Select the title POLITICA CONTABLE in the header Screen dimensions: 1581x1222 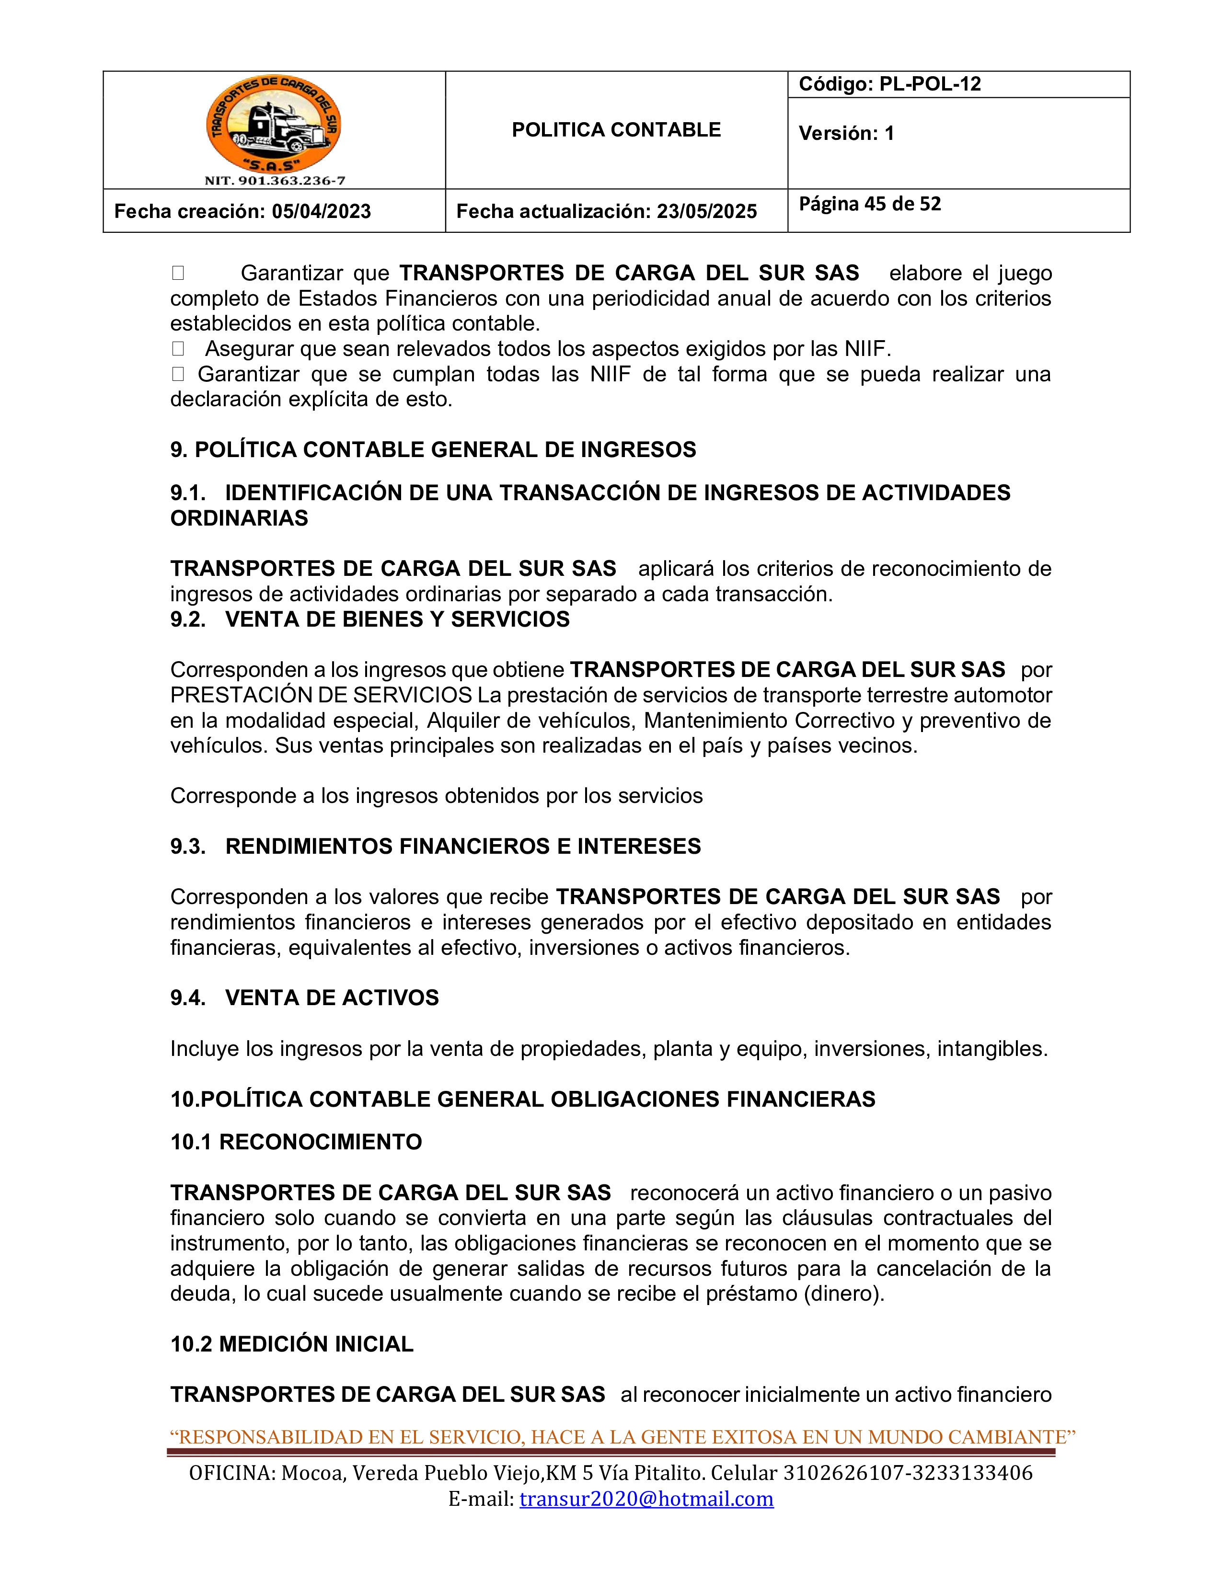(x=616, y=130)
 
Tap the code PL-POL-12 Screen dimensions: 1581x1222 (x=930, y=84)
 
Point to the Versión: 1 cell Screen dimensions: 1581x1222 (x=846, y=133)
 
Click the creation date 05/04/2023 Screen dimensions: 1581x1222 (x=322, y=211)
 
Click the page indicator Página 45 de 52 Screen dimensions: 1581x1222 (x=869, y=204)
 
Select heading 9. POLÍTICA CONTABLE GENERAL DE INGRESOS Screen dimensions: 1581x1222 (x=433, y=449)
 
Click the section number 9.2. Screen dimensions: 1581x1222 (x=187, y=619)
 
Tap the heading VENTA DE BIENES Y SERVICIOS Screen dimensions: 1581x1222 (x=397, y=619)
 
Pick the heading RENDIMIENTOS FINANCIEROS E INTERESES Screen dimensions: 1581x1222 (x=463, y=846)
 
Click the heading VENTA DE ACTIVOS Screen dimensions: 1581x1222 (x=332, y=997)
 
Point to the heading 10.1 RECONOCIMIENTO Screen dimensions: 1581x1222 (x=296, y=1142)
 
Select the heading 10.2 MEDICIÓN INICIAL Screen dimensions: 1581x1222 (x=292, y=1344)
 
